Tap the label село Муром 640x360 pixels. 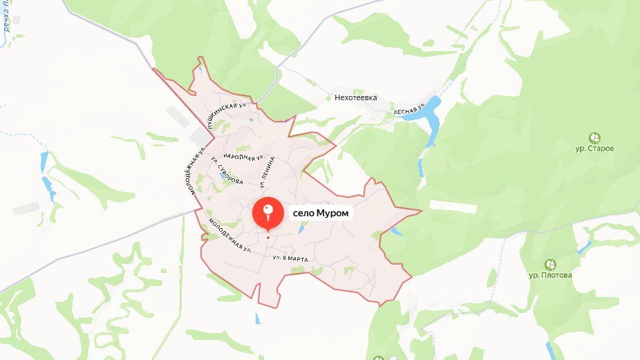tap(322, 214)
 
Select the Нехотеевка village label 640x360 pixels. tap(356, 98)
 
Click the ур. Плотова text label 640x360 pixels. tap(550, 275)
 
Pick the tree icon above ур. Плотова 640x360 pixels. tap(550, 264)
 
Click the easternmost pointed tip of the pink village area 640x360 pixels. tap(420, 209)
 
